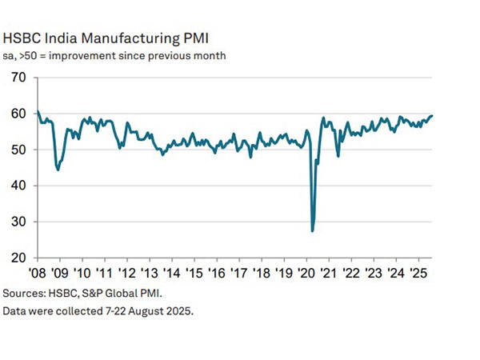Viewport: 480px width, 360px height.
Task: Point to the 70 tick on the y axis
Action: click(18, 78)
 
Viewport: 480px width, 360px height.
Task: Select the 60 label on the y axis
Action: click(18, 114)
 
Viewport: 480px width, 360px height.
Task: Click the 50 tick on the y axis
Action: click(18, 150)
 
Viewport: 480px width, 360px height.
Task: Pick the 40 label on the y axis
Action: click(18, 186)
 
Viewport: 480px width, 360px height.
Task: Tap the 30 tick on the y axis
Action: click(18, 222)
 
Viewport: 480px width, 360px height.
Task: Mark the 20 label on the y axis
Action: click(18, 258)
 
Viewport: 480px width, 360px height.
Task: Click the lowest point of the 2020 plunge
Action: click(312, 230)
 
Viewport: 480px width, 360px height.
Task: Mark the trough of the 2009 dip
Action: click(58, 170)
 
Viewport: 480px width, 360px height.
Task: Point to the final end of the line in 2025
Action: click(432, 116)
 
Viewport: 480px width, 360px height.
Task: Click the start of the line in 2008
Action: click(37, 111)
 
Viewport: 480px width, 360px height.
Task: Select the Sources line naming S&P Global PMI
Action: click(88, 293)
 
